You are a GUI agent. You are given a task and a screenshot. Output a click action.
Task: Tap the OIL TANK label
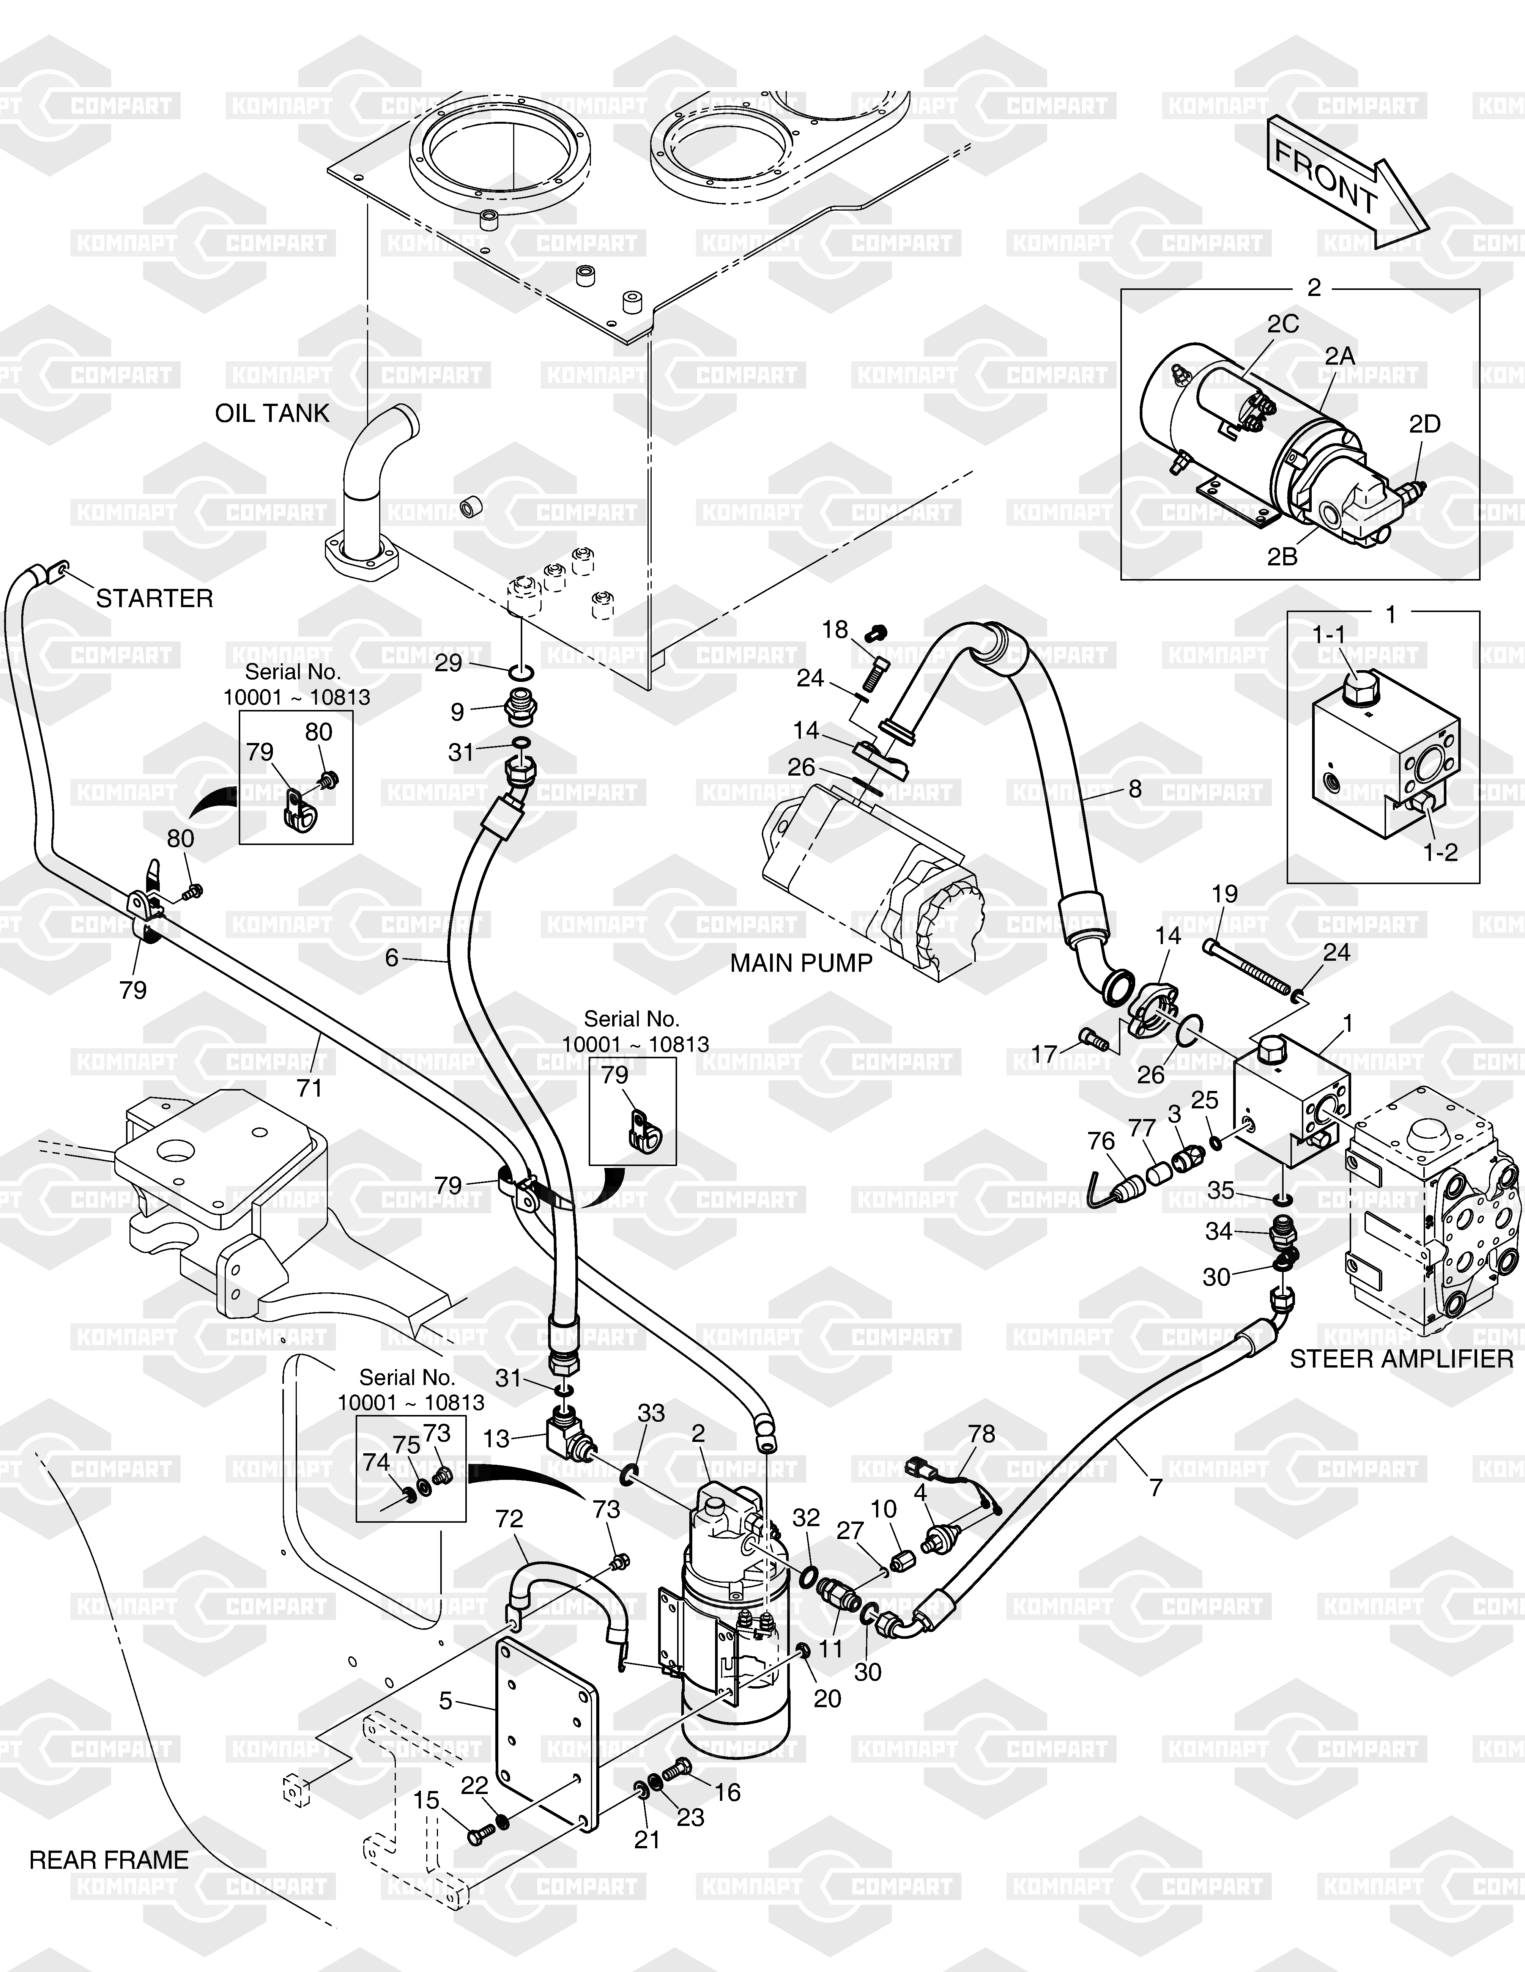(x=272, y=414)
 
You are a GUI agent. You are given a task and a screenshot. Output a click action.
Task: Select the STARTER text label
(x=154, y=599)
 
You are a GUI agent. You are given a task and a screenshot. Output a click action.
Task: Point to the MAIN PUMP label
(x=801, y=963)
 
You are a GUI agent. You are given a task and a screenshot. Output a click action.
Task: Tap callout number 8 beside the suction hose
(x=1135, y=789)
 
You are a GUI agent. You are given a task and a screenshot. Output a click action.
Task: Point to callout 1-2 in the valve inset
(x=1440, y=851)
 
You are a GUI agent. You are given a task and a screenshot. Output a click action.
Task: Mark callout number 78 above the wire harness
(x=981, y=1434)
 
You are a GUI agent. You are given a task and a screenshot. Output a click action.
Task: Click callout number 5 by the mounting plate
(x=446, y=1701)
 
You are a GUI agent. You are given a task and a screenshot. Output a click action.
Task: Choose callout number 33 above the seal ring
(x=651, y=1413)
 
